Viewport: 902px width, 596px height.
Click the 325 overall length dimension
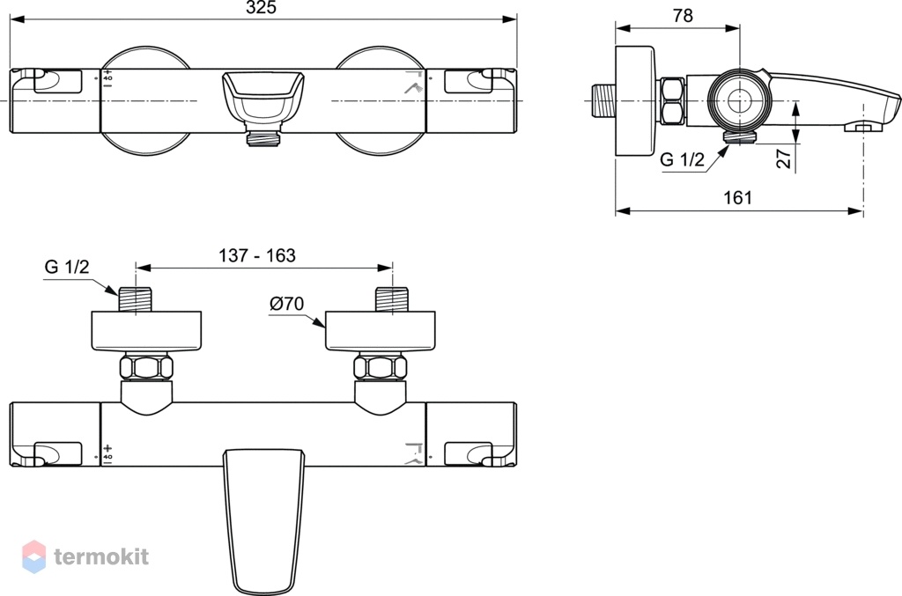(261, 7)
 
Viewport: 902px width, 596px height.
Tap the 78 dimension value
(683, 16)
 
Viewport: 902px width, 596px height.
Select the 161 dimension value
(737, 198)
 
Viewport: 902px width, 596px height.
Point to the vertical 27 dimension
(784, 158)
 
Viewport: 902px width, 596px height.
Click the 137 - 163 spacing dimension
(257, 255)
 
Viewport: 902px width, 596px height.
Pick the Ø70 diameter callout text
(286, 303)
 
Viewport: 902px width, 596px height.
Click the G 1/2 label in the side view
(682, 159)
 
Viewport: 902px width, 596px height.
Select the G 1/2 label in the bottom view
(67, 267)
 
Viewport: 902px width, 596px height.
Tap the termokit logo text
(101, 556)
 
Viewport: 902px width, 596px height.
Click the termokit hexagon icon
(34, 556)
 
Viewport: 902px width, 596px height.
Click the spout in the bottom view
(263, 521)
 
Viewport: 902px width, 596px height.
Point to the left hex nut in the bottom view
(147, 368)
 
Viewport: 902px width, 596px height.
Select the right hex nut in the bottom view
(381, 368)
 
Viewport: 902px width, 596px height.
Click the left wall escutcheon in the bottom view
(147, 331)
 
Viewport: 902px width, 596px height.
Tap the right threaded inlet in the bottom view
(392, 299)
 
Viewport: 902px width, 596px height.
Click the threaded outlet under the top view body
(263, 138)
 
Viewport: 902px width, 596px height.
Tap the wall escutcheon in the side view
(636, 100)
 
